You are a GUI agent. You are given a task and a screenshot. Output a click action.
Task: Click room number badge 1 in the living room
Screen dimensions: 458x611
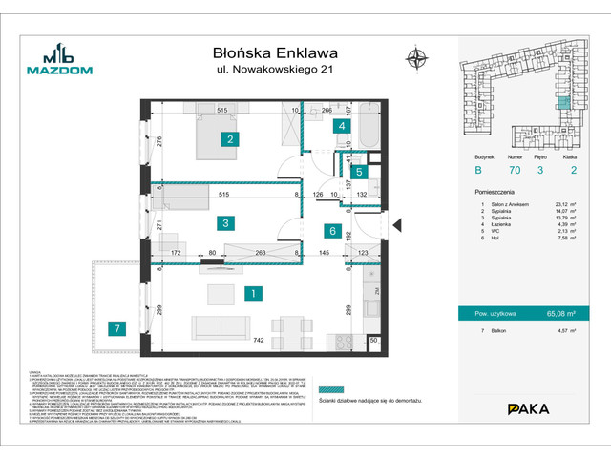[x=251, y=295]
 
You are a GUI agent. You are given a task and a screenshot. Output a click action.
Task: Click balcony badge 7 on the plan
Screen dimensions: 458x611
[x=116, y=329]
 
